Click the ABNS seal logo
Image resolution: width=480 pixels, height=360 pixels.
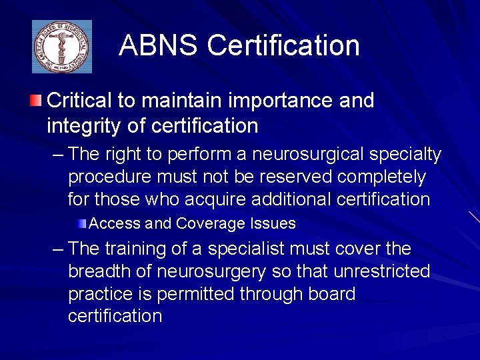click(62, 47)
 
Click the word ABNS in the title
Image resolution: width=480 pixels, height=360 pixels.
click(158, 46)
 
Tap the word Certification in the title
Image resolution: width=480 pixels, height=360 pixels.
click(283, 46)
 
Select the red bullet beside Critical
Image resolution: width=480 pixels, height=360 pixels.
click(35, 101)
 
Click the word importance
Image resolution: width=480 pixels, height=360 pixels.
click(271, 101)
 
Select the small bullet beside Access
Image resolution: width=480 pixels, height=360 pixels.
click(81, 223)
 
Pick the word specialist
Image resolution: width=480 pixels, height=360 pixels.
click(246, 249)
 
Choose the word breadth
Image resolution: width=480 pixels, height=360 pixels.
click(99, 271)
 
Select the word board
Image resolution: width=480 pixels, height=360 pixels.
click(331, 294)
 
